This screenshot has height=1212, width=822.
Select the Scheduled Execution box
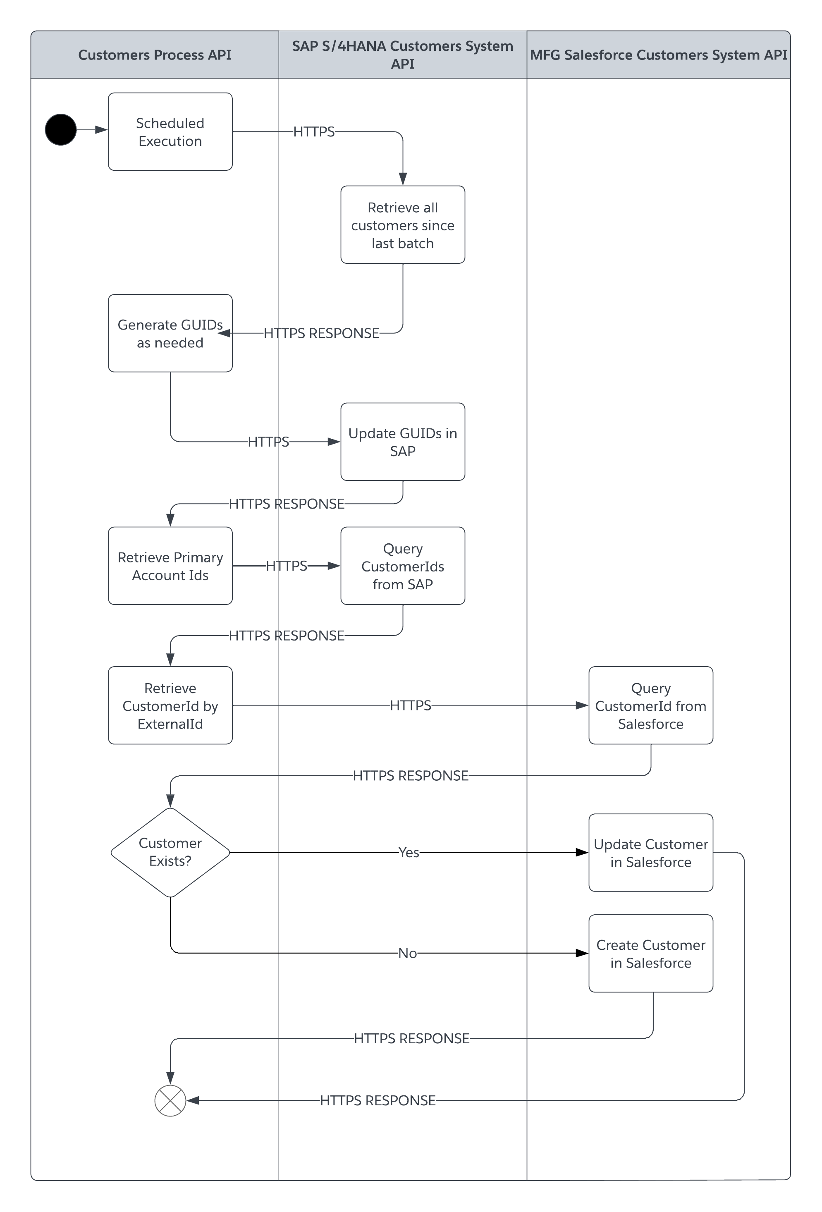coord(170,132)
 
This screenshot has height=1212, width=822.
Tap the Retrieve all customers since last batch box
coord(403,225)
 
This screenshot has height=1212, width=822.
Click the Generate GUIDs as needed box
coord(170,333)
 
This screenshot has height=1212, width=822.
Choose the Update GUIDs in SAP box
coord(403,442)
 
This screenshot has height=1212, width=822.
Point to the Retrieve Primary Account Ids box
coord(170,566)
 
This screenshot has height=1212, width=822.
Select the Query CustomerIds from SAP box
coord(403,566)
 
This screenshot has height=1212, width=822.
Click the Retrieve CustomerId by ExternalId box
coord(170,705)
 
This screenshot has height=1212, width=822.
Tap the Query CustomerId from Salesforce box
coord(650,705)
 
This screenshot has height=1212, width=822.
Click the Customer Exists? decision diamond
coord(170,852)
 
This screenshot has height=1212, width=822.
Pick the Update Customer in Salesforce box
coord(650,853)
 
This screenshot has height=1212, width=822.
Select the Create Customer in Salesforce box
coord(650,953)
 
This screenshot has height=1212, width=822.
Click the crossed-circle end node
coord(170,1101)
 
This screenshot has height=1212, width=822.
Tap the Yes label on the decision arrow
coord(409,852)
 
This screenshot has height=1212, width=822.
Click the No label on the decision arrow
coord(407,953)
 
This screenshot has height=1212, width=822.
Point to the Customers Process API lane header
coord(154,55)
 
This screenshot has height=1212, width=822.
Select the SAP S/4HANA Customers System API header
coord(402,55)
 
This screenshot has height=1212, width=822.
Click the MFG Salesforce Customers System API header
coord(658,55)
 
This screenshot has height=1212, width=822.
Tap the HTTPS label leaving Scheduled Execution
coord(313,131)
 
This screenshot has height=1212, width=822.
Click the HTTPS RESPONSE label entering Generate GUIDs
coord(321,333)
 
